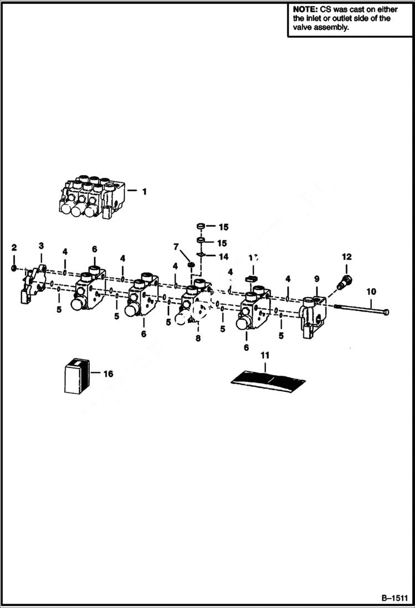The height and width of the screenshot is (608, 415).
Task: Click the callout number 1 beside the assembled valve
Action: pos(144,192)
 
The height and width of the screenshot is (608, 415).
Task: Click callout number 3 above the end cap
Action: pos(41,246)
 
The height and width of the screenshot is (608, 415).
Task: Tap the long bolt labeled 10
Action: pos(360,310)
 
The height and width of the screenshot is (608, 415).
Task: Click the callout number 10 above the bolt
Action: pos(371,292)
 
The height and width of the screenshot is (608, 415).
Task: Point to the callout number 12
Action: pos(347,257)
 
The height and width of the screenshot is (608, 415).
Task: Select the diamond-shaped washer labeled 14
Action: pos(202,256)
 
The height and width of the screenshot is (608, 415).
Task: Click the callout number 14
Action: pos(223,257)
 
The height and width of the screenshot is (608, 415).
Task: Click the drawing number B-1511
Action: pos(393,598)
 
